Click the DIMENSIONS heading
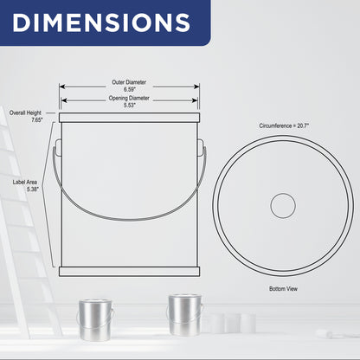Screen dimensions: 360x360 (x=101, y=22)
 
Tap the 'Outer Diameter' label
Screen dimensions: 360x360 (x=129, y=82)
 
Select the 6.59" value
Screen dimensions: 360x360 (x=129, y=89)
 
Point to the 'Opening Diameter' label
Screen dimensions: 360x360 (x=129, y=98)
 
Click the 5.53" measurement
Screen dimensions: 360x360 (x=130, y=106)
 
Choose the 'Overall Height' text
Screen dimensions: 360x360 (x=25, y=112)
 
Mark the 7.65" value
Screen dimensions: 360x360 (x=37, y=120)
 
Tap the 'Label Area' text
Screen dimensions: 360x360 (x=25, y=183)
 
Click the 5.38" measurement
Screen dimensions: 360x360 (x=33, y=190)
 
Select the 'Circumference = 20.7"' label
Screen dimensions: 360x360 (x=284, y=125)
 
